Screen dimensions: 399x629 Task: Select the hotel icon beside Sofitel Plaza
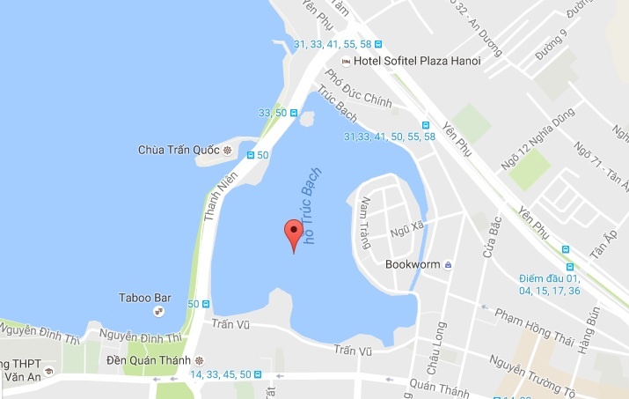point(346,61)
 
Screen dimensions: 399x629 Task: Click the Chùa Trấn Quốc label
point(179,149)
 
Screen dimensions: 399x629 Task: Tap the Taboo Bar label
point(144,298)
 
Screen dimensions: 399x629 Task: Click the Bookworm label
point(413,263)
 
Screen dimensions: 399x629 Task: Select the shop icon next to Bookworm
point(449,263)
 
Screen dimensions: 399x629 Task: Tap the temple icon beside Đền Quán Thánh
point(200,360)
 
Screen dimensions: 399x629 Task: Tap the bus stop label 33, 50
point(273,113)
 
